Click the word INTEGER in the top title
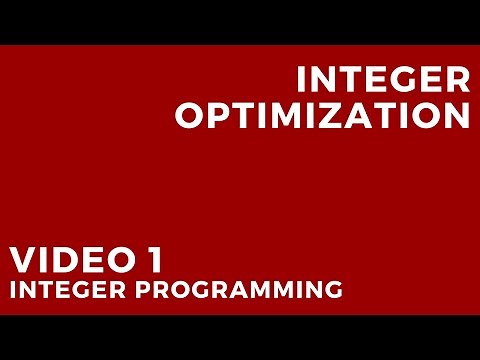384,80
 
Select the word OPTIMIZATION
322,115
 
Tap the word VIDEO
67,262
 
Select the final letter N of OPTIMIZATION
455,115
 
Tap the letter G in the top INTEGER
406,80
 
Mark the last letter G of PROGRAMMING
333,291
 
